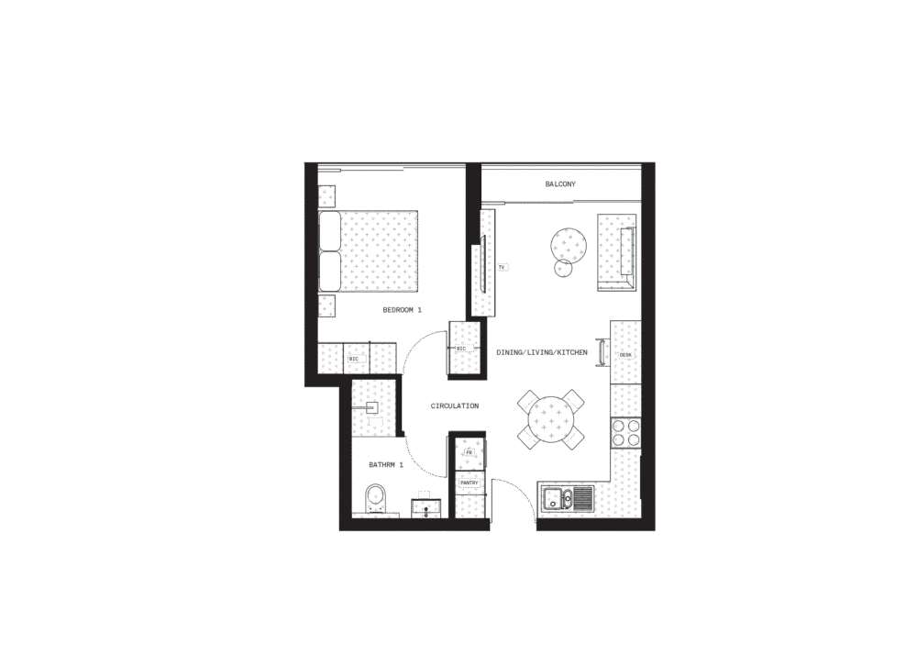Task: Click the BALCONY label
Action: (x=560, y=184)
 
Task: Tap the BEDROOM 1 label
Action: (x=402, y=310)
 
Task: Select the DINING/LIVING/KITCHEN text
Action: (x=542, y=352)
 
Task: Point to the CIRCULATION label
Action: (x=455, y=405)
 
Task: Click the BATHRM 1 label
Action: (x=386, y=465)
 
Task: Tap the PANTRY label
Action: (x=469, y=483)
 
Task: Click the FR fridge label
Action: (x=469, y=452)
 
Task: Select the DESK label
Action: (x=625, y=355)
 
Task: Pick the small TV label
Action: (x=502, y=267)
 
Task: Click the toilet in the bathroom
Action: (x=375, y=500)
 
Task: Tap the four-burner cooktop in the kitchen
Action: (x=625, y=433)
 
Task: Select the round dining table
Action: (x=551, y=419)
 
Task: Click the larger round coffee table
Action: (x=568, y=244)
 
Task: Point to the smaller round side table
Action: (x=563, y=268)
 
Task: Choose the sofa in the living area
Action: (x=616, y=252)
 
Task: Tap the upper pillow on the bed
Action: (x=330, y=231)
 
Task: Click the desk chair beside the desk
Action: (x=602, y=352)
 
